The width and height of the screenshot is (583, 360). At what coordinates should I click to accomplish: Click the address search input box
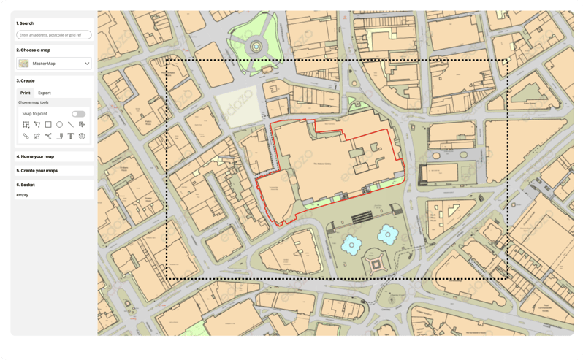click(x=55, y=35)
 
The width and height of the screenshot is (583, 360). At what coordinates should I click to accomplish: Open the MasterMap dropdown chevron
click(x=87, y=64)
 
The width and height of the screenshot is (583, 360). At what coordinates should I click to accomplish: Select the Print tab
click(x=26, y=93)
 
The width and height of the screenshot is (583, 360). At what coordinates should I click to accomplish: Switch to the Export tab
click(x=45, y=93)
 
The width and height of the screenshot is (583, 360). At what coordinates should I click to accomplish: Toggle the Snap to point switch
click(x=78, y=114)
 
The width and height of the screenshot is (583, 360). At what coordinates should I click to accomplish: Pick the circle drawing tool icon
click(x=59, y=125)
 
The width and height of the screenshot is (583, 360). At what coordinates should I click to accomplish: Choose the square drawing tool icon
click(x=48, y=125)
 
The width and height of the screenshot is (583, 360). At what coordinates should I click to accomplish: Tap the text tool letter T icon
click(x=70, y=136)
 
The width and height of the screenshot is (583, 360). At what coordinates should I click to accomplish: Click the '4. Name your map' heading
click(x=35, y=156)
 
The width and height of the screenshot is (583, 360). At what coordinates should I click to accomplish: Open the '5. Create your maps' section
click(x=37, y=170)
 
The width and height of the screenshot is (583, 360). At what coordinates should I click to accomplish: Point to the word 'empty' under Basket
click(x=23, y=194)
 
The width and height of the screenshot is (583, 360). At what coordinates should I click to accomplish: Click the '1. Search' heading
click(x=26, y=23)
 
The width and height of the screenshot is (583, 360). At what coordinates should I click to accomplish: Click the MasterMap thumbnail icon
click(x=24, y=64)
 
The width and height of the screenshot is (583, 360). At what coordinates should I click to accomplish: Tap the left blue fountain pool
click(x=353, y=243)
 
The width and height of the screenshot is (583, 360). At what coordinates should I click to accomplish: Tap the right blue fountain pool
click(x=388, y=234)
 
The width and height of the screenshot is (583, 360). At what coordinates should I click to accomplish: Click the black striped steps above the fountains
click(x=369, y=217)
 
